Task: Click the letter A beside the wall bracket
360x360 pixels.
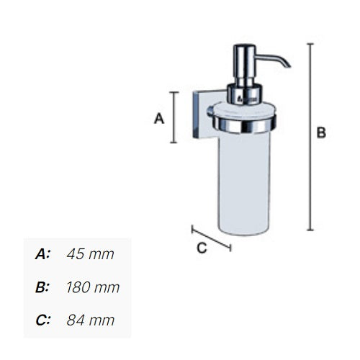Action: (160, 119)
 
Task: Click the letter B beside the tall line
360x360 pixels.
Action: (322, 132)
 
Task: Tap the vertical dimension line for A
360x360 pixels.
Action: (174, 117)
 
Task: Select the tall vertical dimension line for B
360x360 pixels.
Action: (310, 137)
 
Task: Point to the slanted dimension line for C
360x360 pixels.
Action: (211, 238)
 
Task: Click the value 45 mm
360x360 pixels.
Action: (90, 254)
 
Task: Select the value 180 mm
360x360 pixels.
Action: (92, 287)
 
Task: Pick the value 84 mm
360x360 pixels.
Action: (90, 320)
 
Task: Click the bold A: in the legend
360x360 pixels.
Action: (43, 254)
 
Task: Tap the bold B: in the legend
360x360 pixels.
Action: (43, 287)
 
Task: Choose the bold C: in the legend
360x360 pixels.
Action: (43, 320)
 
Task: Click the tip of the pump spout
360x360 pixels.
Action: (288, 66)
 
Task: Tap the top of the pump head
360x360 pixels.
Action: (243, 48)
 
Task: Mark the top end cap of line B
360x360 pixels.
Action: (310, 43)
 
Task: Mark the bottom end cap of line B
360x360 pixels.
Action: (310, 230)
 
